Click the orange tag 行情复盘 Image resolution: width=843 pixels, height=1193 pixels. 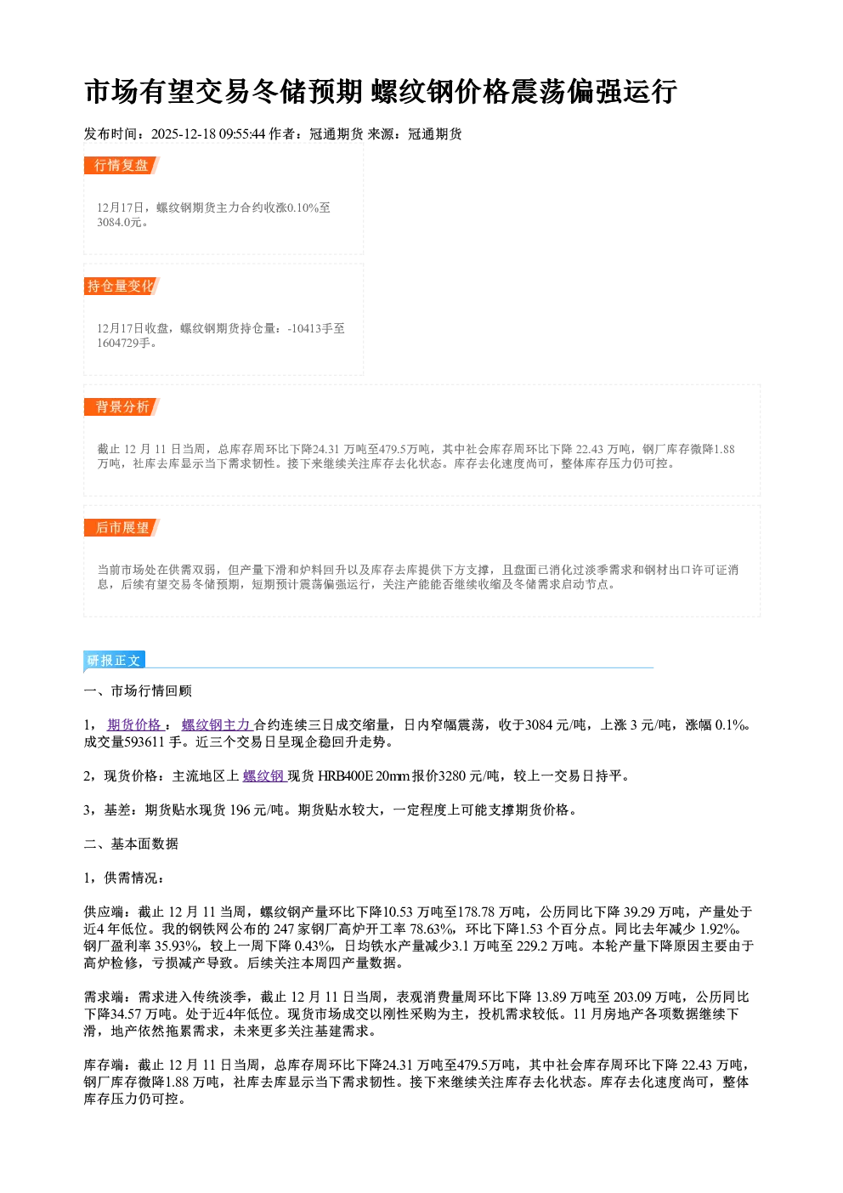(122, 165)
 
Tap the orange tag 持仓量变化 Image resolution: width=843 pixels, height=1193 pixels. (122, 286)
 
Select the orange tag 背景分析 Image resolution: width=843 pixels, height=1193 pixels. (122, 407)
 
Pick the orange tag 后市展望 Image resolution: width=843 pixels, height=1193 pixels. (122, 528)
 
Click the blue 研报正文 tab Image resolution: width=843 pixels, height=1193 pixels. (114, 661)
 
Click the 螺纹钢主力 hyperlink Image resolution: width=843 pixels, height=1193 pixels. (217, 724)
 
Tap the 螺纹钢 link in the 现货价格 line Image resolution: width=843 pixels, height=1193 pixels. (264, 776)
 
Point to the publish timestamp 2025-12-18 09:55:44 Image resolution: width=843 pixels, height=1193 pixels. (208, 134)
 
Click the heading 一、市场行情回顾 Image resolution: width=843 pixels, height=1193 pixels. (138, 690)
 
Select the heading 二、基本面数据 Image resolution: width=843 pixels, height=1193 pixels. (131, 844)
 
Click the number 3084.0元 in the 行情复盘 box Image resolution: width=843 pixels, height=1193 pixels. (119, 222)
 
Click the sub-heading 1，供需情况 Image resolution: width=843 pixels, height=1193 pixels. (123, 878)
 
